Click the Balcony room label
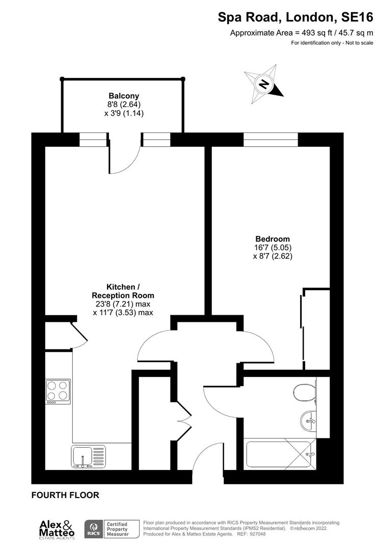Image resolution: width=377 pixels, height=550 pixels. pos(123,96)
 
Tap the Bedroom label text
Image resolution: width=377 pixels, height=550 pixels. pos(273,239)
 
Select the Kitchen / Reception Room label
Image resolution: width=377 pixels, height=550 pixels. pos(123,291)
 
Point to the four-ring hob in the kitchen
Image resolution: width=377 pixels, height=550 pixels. pos(58,391)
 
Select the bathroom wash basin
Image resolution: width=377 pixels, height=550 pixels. pos(308,421)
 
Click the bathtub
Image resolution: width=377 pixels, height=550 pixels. pos(279,454)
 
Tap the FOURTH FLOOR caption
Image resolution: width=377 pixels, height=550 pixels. pos(65,495)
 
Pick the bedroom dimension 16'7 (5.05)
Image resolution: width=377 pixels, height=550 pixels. pos(273,248)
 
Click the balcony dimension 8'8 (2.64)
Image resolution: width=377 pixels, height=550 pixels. pos(123,105)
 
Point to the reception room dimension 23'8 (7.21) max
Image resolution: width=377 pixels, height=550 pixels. pos(123,305)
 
